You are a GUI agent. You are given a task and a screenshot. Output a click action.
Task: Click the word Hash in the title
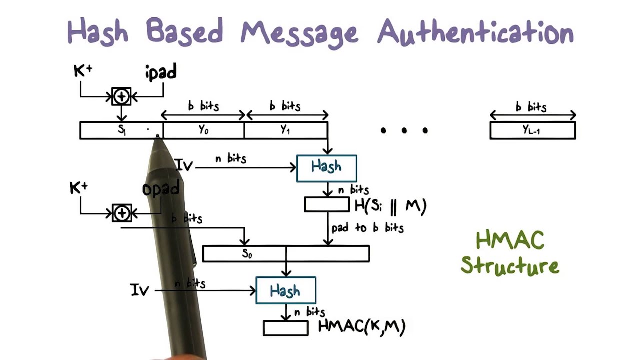tap(97, 32)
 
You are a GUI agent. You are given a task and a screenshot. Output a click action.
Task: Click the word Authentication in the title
tap(475, 33)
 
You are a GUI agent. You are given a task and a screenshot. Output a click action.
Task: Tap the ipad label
tap(161, 72)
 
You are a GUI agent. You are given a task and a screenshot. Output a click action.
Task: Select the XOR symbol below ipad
tap(121, 96)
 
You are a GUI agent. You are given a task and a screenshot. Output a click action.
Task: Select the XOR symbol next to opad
tap(121, 213)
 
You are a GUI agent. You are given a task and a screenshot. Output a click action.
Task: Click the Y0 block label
tap(203, 130)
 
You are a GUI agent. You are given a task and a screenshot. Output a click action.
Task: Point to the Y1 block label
tap(285, 130)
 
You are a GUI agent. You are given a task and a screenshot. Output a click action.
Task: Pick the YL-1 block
tap(532, 130)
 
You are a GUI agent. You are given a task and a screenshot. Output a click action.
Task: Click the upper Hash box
tap(326, 168)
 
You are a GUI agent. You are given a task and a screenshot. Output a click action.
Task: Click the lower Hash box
tap(285, 290)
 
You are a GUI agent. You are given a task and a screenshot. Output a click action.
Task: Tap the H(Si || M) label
tap(390, 205)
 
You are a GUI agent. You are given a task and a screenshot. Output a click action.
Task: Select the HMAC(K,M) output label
tap(362, 327)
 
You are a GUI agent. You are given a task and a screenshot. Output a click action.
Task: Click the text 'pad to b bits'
tap(367, 228)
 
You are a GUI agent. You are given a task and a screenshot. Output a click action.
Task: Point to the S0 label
tap(247, 253)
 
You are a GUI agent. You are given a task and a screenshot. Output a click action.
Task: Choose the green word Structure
tap(510, 265)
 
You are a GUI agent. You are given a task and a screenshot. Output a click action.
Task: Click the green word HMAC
tap(510, 241)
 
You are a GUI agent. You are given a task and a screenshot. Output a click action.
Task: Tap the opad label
tap(161, 189)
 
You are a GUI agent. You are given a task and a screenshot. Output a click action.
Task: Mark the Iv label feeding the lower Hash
tap(139, 290)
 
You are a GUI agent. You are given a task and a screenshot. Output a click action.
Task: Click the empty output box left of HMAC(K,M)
tap(286, 328)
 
